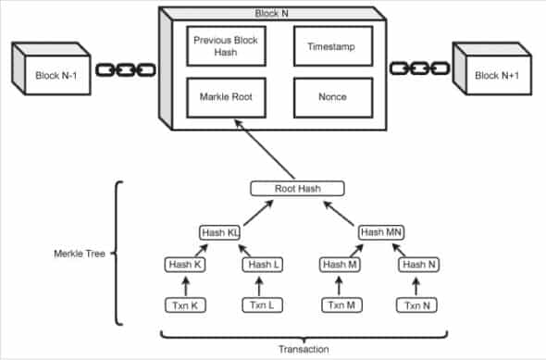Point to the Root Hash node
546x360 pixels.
(x=297, y=189)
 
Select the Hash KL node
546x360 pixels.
(x=220, y=232)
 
